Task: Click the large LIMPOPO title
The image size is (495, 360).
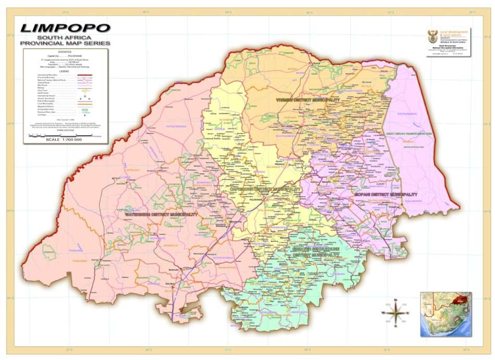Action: [x=65, y=28]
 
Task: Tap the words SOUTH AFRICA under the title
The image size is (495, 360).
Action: [x=65, y=38]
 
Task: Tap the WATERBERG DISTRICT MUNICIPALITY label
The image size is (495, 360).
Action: [x=161, y=214]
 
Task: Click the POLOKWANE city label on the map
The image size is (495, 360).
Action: [x=255, y=200]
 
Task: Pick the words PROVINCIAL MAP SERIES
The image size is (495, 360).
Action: [x=65, y=44]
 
